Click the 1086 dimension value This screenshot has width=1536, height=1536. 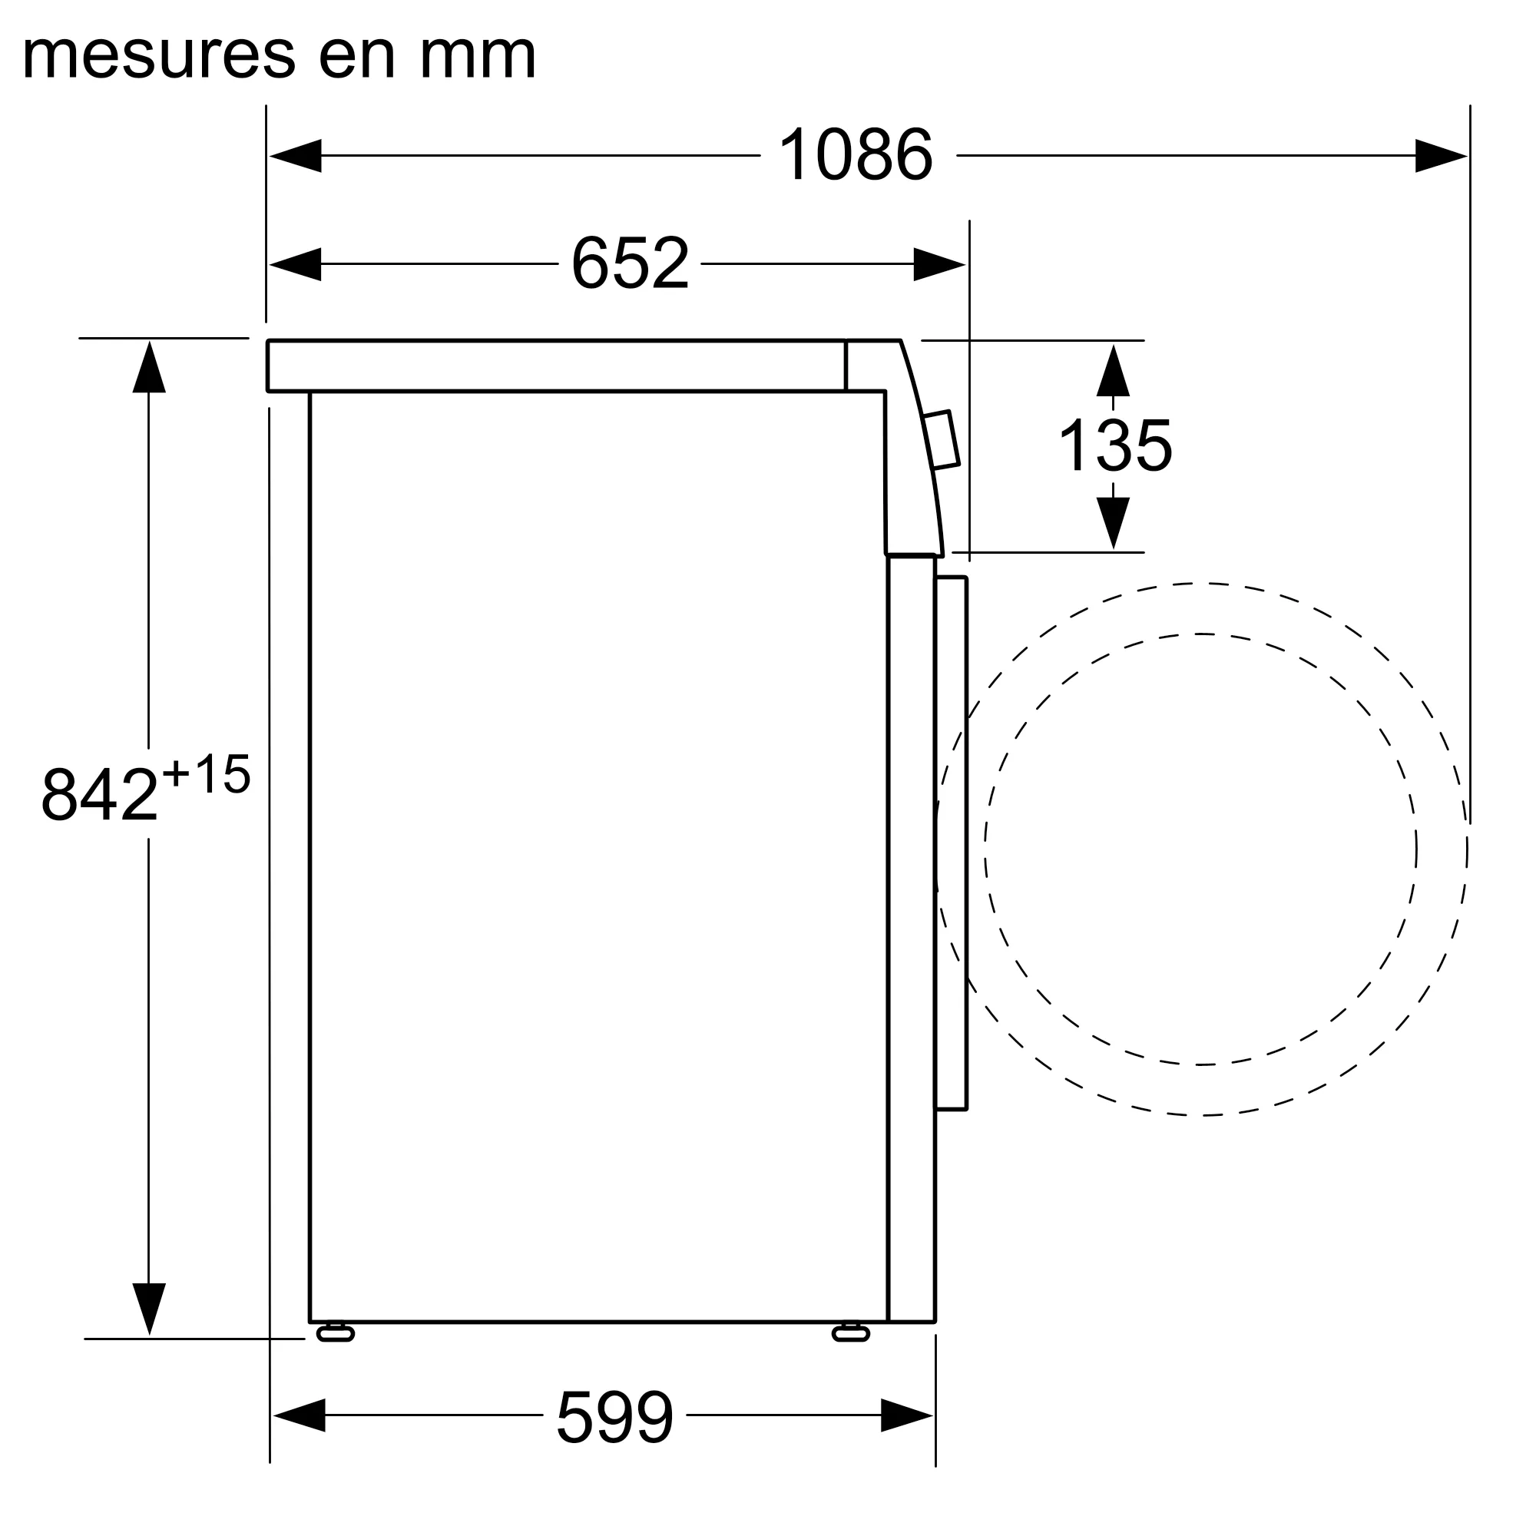[856, 155]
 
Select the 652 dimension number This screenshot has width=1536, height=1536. [630, 263]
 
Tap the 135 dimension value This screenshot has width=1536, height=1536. [1114, 446]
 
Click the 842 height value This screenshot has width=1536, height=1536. [99, 794]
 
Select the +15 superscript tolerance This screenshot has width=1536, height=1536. [206, 773]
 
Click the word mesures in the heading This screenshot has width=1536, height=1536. [159, 55]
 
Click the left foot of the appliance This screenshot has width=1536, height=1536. [335, 1333]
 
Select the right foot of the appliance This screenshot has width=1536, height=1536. [851, 1333]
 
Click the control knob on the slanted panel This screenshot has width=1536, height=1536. [942, 439]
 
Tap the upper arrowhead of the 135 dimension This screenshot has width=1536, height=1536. [1113, 370]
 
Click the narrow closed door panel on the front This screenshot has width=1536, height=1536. [951, 842]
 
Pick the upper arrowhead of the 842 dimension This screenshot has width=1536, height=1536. [149, 367]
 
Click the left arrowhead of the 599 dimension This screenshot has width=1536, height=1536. [300, 1415]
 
